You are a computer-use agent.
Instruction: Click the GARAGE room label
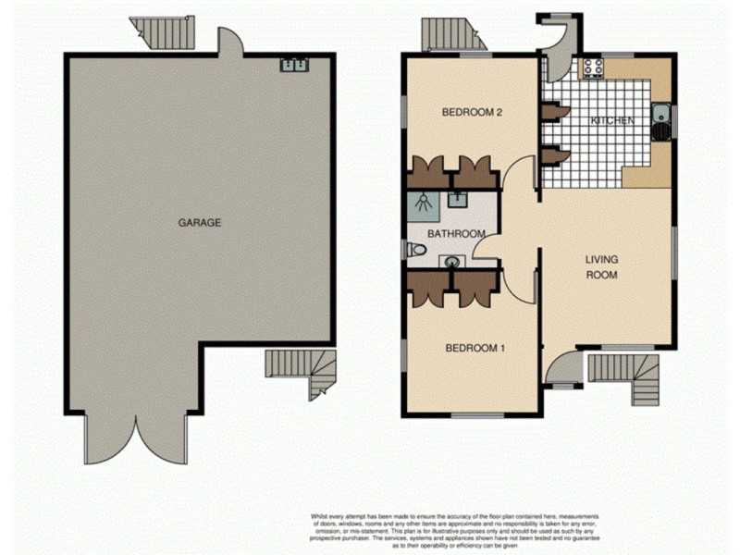[199, 223]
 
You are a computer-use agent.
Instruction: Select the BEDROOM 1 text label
[475, 349]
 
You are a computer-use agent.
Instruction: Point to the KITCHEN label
[612, 121]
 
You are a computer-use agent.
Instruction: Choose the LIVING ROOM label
[601, 266]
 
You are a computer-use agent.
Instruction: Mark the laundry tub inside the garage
[294, 65]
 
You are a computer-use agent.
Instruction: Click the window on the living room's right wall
[674, 250]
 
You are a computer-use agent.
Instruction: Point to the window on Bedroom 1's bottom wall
[477, 415]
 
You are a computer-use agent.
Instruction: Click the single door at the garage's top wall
[229, 42]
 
